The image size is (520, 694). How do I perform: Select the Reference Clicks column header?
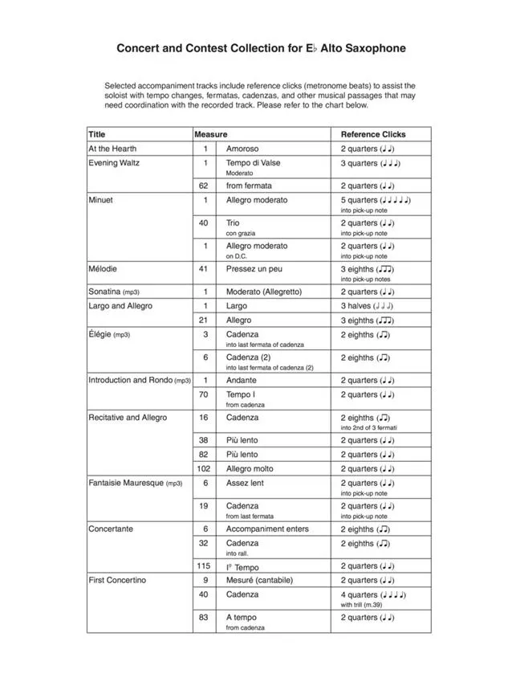pyautogui.click(x=373, y=134)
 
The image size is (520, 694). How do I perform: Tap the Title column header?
pyautogui.click(x=97, y=134)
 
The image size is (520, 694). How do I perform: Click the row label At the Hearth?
pyautogui.click(x=112, y=149)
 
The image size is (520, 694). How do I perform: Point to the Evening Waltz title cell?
pyautogui.click(x=114, y=163)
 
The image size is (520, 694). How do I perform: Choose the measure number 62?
pyautogui.click(x=205, y=186)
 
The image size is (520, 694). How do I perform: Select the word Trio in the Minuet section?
pyautogui.click(x=233, y=222)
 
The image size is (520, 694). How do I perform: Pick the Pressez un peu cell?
pyautogui.click(x=254, y=269)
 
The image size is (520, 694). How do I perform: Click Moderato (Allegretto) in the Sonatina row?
pyautogui.click(x=264, y=292)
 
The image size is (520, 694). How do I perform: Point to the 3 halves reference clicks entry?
pyautogui.click(x=358, y=306)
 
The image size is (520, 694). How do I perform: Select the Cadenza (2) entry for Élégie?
pyautogui.click(x=248, y=357)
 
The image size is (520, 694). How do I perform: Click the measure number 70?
pyautogui.click(x=205, y=394)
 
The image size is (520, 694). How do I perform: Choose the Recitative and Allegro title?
pyautogui.click(x=128, y=418)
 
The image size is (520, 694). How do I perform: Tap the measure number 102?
pyautogui.click(x=205, y=469)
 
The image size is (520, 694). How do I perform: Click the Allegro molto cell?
pyautogui.click(x=250, y=469)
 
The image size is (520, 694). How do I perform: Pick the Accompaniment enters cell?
pyautogui.click(x=267, y=529)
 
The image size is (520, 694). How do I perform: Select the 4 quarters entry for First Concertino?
pyautogui.click(x=359, y=594)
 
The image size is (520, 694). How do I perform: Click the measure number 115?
pyautogui.click(x=205, y=566)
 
